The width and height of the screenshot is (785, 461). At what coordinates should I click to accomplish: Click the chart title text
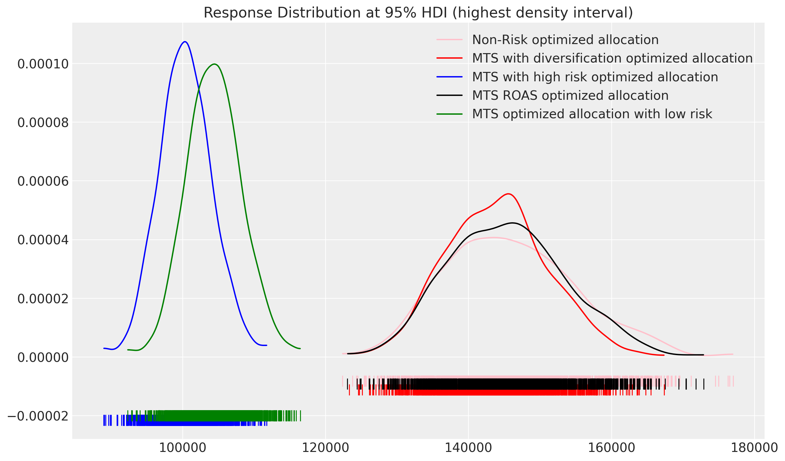pyautogui.click(x=418, y=13)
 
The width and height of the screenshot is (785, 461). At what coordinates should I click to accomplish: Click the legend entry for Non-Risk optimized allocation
pyautogui.click(x=565, y=40)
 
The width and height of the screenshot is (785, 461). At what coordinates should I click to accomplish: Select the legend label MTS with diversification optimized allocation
pyautogui.click(x=612, y=58)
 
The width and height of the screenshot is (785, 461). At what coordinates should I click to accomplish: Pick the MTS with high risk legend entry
pyautogui.click(x=595, y=77)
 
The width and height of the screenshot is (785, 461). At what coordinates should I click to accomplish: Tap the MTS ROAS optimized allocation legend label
pyautogui.click(x=570, y=96)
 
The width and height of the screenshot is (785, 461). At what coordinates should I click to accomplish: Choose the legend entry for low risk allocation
pyautogui.click(x=592, y=114)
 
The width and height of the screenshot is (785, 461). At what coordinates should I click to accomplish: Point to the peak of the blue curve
pyautogui.click(x=185, y=42)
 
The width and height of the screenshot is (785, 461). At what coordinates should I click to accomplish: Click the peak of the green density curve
pyautogui.click(x=214, y=64)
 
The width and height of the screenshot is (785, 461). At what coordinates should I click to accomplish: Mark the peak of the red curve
pyautogui.click(x=508, y=194)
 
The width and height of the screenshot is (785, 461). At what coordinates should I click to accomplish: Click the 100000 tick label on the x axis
pyautogui.click(x=183, y=448)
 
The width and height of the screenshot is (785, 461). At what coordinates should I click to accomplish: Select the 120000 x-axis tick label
pyautogui.click(x=326, y=448)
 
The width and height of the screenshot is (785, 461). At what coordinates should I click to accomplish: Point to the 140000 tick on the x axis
pyautogui.click(x=468, y=448)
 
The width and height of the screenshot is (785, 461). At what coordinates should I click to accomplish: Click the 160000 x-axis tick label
pyautogui.click(x=611, y=448)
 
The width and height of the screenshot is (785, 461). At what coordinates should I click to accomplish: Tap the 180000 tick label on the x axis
pyautogui.click(x=754, y=448)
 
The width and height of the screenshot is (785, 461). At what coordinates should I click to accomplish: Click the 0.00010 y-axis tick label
pyautogui.click(x=43, y=64)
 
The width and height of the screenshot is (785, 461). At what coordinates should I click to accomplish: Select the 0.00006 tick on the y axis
pyautogui.click(x=43, y=181)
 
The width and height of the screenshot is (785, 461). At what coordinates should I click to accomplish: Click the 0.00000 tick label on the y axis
pyautogui.click(x=43, y=358)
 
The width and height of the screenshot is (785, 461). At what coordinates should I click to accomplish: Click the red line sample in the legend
pyautogui.click(x=449, y=58)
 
